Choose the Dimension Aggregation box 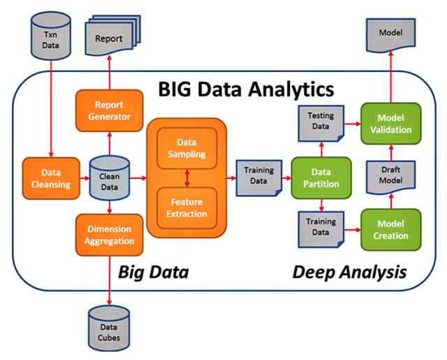tap(108, 236)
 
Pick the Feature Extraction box tap(187, 208)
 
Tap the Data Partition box tap(319, 178)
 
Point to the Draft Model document tap(390, 178)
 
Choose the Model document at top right tap(390, 36)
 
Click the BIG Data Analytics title tap(245, 89)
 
